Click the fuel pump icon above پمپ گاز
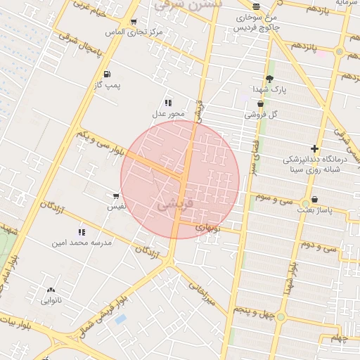pyautogui.click(x=106, y=74)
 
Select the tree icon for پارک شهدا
pyautogui.click(x=269, y=79)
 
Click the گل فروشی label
pyautogui.click(x=261, y=114)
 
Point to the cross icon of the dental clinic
pyautogui.click(x=314, y=148)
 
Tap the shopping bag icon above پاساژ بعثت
pyautogui.click(x=314, y=200)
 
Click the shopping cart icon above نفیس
pyautogui.click(x=116, y=195)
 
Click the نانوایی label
pyautogui.click(x=51, y=300)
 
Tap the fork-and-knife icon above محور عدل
pyautogui.click(x=167, y=103)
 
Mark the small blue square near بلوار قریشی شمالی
pyautogui.click(x=121, y=319)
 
